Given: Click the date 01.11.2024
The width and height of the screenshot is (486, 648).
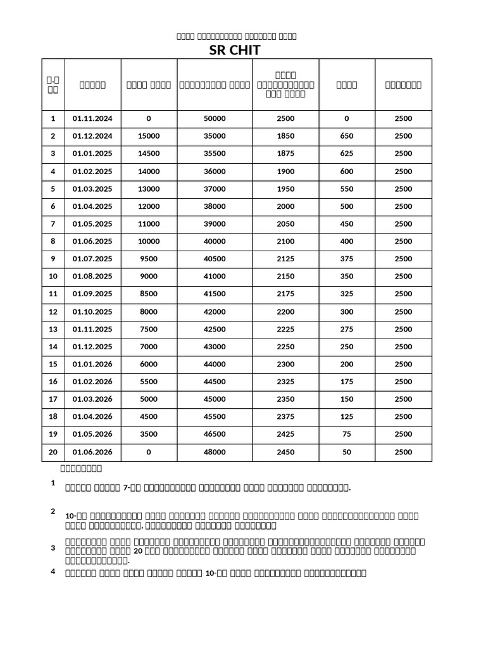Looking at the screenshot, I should [92, 118].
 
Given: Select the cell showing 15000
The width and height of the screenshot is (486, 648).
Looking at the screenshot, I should [149, 136].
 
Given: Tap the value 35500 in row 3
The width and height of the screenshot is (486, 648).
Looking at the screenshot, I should [215, 154].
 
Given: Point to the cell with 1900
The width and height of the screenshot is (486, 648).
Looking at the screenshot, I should [286, 171].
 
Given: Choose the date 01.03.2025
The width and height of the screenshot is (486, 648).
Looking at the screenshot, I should [92, 189].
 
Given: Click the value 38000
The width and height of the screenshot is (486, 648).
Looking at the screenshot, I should [215, 206].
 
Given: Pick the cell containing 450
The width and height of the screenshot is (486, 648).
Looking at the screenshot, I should [347, 224].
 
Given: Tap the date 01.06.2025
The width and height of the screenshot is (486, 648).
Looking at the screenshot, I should [92, 241].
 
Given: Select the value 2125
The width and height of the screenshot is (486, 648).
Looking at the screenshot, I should [286, 259].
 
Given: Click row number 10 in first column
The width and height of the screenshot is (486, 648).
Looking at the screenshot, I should [53, 277].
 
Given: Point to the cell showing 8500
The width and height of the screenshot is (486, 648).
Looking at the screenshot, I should [149, 294].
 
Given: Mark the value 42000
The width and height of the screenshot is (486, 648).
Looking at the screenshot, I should [215, 311].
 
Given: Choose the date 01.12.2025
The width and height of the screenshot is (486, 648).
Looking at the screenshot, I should [92, 347].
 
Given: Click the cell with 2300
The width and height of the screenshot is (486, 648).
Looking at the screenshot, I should [286, 364].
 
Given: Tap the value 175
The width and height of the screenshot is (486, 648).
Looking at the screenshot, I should [347, 382].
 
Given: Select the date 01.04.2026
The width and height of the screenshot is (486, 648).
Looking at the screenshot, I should [92, 416].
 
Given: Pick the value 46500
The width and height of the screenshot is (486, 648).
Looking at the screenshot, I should [215, 434].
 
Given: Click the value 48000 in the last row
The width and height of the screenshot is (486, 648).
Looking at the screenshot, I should [215, 452].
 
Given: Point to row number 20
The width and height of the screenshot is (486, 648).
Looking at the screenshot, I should [53, 452].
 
